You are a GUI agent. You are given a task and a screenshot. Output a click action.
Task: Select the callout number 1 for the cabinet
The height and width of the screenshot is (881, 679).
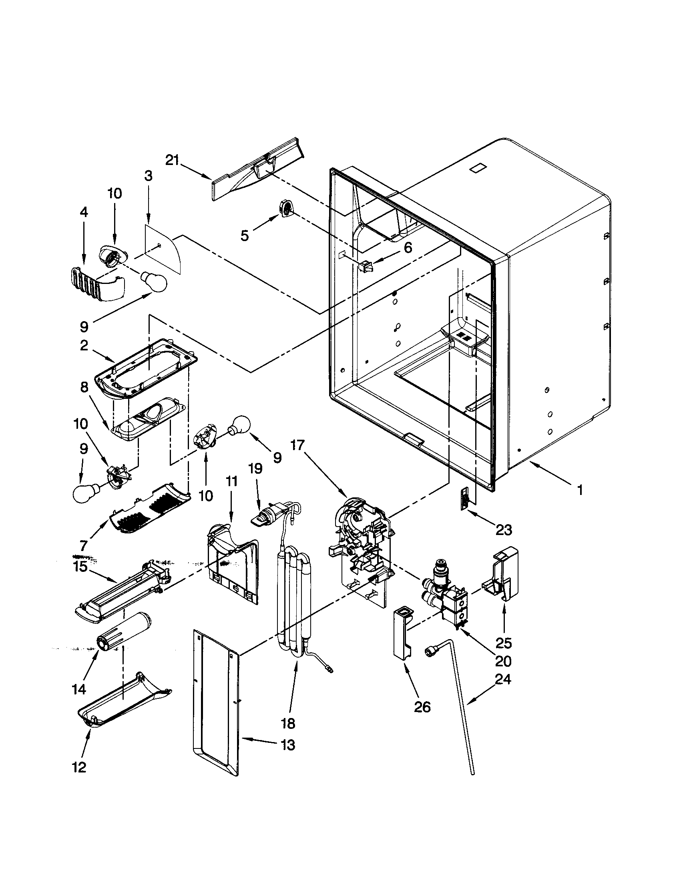click(x=580, y=490)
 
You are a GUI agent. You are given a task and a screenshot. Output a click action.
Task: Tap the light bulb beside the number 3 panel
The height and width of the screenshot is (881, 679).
click(x=153, y=281)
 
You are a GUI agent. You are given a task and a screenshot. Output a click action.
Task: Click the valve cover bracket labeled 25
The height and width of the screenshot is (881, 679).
click(x=504, y=573)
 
